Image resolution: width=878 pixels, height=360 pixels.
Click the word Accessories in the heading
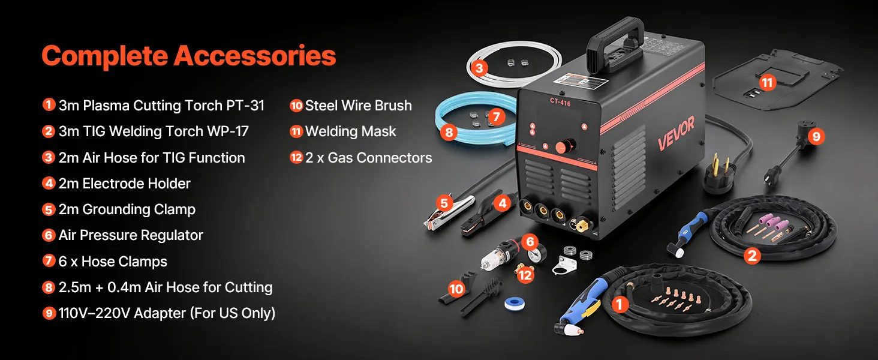coord(254,56)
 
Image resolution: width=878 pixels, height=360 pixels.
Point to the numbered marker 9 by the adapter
coord(815,136)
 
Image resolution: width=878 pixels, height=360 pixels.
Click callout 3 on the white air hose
coord(479,68)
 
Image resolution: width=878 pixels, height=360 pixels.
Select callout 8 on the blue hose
coord(449,132)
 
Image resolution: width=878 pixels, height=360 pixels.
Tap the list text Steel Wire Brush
coord(358,106)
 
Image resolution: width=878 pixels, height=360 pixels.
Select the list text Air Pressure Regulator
coord(131,235)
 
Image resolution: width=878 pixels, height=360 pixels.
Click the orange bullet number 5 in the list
coord(49,209)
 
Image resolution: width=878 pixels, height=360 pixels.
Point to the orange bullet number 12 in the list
coord(296,158)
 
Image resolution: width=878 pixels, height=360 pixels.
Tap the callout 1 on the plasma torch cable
coord(620,305)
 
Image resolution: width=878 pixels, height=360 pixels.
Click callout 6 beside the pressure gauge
coord(528,242)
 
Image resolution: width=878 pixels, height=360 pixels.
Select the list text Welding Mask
coord(351,131)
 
